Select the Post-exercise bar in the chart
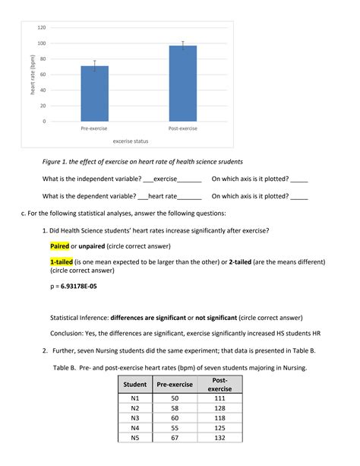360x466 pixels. click(183, 84)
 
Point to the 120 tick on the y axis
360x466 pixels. click(41, 27)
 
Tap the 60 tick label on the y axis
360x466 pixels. click(43, 74)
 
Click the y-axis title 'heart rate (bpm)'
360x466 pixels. click(32, 74)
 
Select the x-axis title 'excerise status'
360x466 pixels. click(131, 141)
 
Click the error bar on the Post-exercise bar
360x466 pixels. click(183, 46)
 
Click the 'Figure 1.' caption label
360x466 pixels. click(58, 162)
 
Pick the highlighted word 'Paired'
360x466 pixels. click(59, 246)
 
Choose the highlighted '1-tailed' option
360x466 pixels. click(62, 261)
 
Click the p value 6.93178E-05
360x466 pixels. click(79, 287)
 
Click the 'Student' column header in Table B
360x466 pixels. click(134, 385)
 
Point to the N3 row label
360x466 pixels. click(134, 418)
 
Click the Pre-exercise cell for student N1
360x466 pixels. click(175, 398)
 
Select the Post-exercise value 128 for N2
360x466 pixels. click(220, 408)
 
